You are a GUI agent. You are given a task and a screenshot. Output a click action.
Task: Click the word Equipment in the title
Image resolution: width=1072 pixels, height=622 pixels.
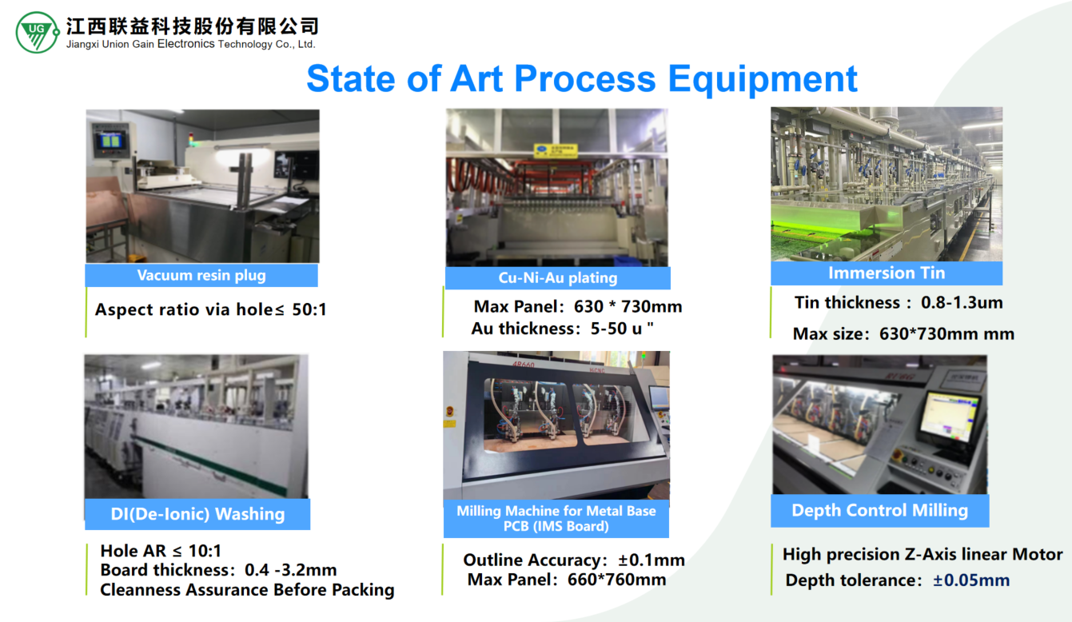click(x=763, y=79)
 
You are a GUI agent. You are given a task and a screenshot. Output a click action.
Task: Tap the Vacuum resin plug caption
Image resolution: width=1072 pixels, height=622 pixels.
click(x=201, y=276)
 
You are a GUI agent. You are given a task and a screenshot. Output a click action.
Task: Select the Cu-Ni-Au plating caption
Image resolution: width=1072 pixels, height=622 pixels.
click(x=557, y=278)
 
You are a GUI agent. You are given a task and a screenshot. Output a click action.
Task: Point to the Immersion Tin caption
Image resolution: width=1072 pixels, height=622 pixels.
click(x=887, y=273)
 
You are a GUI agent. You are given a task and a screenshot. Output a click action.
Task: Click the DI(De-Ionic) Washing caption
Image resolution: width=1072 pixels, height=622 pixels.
click(x=197, y=514)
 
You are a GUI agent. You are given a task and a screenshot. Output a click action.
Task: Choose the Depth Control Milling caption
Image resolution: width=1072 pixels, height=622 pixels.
click(x=879, y=510)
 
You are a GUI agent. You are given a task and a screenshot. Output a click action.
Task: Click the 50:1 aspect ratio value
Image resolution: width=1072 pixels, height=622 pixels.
click(x=309, y=309)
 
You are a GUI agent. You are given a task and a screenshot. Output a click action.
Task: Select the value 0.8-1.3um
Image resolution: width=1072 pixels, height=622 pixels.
click(x=962, y=302)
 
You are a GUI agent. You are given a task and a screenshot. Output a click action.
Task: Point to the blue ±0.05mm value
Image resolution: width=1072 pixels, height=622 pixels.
click(x=971, y=580)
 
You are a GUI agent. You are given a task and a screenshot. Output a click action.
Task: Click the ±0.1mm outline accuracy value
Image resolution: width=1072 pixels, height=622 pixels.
click(x=651, y=560)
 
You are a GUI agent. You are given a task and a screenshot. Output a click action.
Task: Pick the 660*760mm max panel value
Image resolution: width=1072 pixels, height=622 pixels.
click(x=616, y=580)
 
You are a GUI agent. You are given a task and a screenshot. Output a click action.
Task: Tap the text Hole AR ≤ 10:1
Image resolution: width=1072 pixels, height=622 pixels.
click(x=161, y=551)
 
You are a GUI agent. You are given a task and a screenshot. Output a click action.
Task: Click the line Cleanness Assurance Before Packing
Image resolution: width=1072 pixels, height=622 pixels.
click(x=247, y=590)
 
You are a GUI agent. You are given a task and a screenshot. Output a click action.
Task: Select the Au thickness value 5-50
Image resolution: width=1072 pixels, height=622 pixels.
click(x=608, y=329)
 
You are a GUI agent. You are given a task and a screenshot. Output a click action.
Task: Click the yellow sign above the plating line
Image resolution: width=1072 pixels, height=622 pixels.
click(x=556, y=150)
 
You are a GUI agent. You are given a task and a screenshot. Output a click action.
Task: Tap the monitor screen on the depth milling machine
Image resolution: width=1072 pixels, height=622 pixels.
click(x=948, y=417)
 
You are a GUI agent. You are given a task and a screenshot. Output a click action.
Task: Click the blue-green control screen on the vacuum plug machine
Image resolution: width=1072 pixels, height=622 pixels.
click(x=110, y=141)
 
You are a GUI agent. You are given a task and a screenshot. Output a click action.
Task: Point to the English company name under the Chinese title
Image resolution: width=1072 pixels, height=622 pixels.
click(x=190, y=45)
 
